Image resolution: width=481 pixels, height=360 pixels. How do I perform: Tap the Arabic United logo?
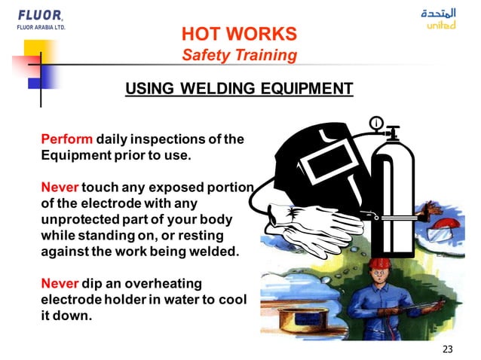pyautogui.click(x=440, y=19)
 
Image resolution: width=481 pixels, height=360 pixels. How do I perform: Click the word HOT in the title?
pyautogui.click(x=200, y=34)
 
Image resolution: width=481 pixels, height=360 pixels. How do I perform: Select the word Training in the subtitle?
pyautogui.click(x=265, y=55)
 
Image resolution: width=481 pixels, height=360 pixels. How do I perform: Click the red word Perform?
pyautogui.click(x=66, y=139)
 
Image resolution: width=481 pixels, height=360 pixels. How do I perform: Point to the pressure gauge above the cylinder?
pyautogui.click(x=375, y=122)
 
